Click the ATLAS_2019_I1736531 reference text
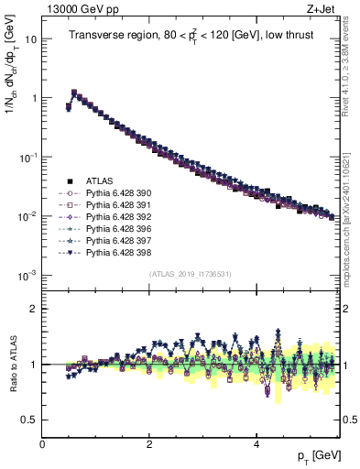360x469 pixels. (190, 274)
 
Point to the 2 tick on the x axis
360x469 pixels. (149, 444)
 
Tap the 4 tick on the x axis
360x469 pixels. (256, 444)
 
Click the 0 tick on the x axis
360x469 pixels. (43, 444)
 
